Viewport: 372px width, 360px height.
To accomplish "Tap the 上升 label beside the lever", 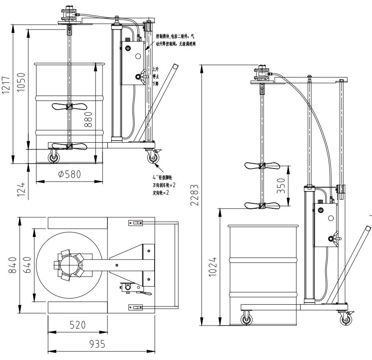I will click(155, 70).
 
